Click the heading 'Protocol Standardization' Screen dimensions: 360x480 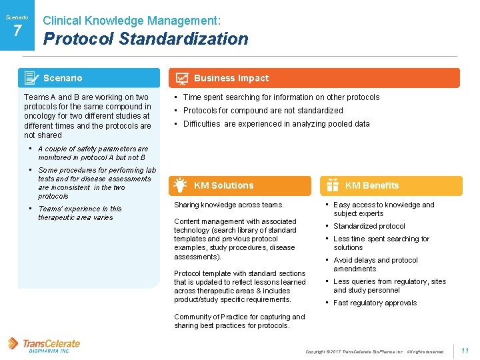point(145,39)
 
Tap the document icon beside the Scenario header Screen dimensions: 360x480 point(31,78)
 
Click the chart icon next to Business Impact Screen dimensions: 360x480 point(181,79)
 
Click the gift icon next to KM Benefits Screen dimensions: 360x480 point(333,185)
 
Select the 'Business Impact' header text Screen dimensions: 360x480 point(231,78)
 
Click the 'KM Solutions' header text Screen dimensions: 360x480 point(223,185)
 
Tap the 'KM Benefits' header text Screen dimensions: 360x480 point(371,185)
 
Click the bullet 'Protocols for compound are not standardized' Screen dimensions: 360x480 point(263,111)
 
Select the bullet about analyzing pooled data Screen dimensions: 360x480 point(276,124)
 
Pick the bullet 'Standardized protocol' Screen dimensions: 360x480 point(369,226)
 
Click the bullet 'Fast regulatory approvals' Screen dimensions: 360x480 point(375,303)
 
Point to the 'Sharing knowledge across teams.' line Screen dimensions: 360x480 point(229,205)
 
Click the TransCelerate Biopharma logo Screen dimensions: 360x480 point(44,345)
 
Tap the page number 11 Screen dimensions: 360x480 point(465,351)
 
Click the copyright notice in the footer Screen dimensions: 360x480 point(374,351)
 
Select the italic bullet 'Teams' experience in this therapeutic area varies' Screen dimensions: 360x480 point(79,213)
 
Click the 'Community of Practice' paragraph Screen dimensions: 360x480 point(239,321)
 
